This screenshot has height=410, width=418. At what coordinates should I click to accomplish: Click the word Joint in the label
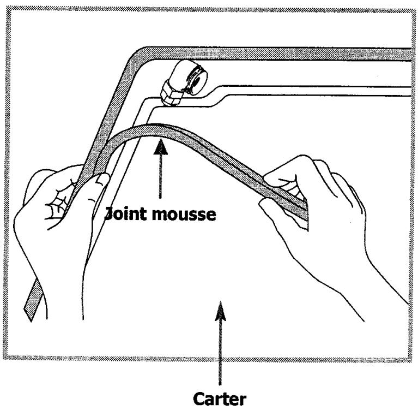(x=125, y=214)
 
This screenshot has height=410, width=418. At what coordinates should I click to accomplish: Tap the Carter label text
(x=220, y=399)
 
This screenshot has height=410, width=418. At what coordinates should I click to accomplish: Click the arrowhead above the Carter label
(x=221, y=311)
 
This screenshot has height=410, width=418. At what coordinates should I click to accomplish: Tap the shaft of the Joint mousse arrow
(x=160, y=176)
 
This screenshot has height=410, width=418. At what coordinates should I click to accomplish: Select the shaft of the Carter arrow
(x=220, y=353)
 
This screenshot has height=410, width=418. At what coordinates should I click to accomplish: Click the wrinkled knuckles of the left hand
(x=58, y=203)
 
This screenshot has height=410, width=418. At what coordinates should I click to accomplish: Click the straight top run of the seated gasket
(x=280, y=54)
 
